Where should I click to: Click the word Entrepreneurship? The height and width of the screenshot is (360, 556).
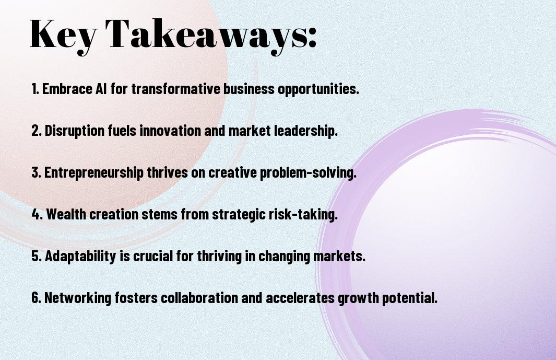[x=94, y=173]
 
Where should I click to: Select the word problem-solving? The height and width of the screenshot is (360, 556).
[x=308, y=173]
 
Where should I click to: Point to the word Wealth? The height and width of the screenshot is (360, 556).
[x=66, y=214]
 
